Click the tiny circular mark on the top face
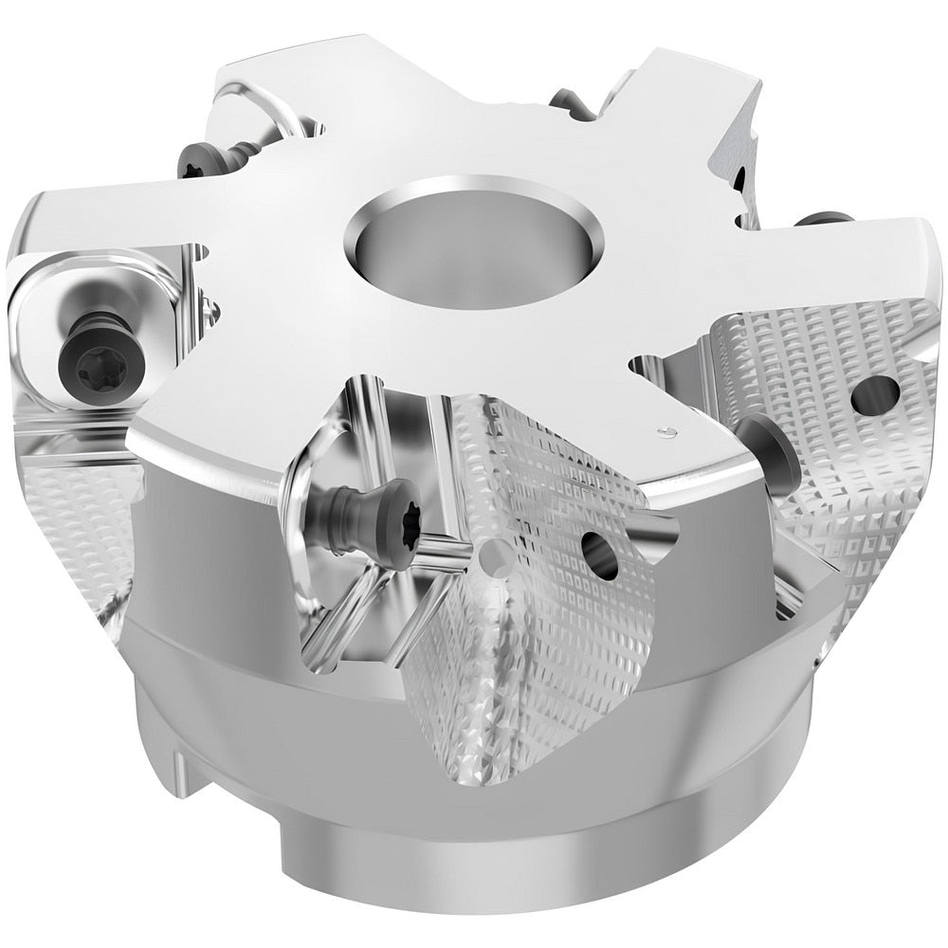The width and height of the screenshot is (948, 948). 667,432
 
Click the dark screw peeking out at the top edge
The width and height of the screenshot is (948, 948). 569,99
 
